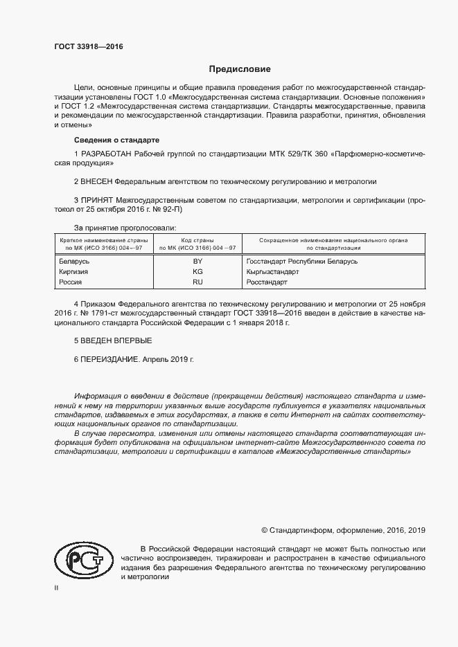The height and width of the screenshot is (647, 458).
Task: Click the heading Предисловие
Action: (x=240, y=69)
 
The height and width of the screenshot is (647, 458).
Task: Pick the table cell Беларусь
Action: (x=76, y=262)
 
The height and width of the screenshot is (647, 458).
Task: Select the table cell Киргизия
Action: (x=75, y=272)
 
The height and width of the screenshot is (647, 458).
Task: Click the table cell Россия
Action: (x=72, y=282)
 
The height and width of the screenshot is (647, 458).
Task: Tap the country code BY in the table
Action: (x=197, y=262)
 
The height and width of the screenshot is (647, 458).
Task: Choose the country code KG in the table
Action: (x=197, y=272)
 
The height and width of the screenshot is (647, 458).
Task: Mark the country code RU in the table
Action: (x=197, y=282)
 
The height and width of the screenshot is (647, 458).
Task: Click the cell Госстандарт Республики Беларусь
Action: (x=301, y=262)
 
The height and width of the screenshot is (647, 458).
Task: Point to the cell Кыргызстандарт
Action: (x=272, y=272)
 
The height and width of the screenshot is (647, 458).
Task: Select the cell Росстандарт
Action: (x=267, y=282)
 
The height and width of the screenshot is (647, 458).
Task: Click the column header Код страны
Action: (x=197, y=240)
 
